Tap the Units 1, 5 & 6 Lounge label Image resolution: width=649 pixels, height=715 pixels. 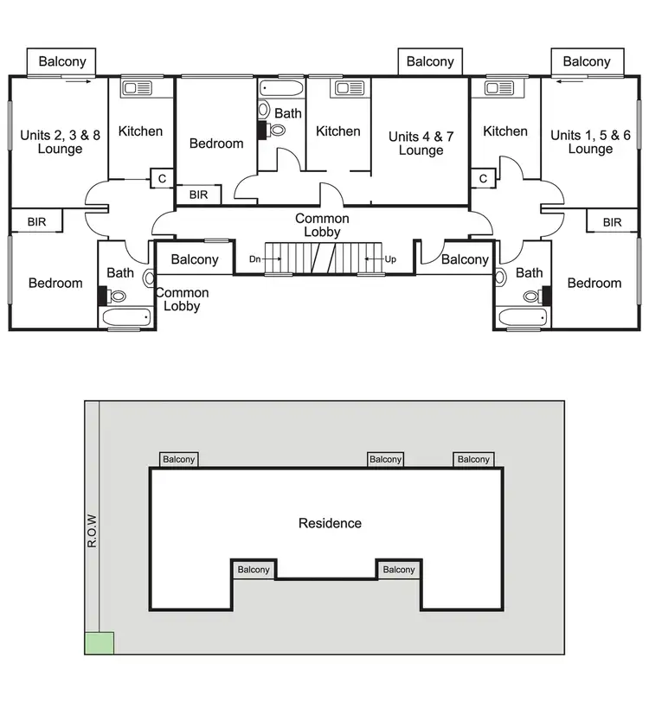[x=590, y=142]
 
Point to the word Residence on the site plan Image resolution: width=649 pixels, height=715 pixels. [x=330, y=523]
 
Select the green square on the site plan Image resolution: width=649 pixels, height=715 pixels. [x=100, y=642]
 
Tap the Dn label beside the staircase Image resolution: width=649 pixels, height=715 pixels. [x=254, y=259]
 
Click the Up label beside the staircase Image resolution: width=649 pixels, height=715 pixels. [x=390, y=259]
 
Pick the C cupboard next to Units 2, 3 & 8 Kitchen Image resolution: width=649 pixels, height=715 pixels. [x=161, y=179]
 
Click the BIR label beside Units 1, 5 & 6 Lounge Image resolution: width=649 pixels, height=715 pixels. [x=612, y=222]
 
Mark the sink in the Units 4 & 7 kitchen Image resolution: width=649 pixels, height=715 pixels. [x=349, y=88]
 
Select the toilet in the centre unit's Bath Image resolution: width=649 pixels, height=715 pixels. [x=276, y=130]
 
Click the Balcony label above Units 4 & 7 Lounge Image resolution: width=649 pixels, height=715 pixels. [x=430, y=61]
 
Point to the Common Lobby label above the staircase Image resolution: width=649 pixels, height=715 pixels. [x=322, y=226]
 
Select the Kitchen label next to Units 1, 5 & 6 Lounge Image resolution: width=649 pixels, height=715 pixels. [x=505, y=131]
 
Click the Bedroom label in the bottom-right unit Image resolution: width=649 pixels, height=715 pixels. [x=594, y=284]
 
